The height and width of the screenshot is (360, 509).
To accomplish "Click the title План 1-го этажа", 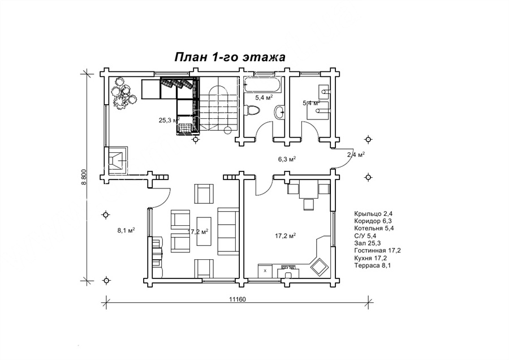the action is pos(230,57).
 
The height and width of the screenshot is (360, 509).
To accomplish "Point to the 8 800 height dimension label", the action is pos(84,177).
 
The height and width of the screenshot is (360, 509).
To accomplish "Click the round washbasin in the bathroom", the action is pos(279,113).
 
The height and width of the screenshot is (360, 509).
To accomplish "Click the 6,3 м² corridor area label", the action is pos(287,159).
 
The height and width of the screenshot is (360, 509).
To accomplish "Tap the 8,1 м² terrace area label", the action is pos(126,230).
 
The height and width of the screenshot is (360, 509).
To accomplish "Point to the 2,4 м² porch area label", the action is pos(356,155).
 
